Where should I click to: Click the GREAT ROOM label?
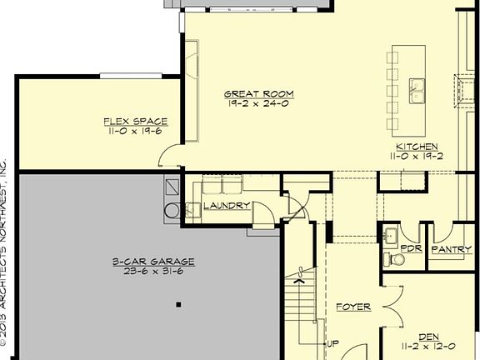pos(259,93)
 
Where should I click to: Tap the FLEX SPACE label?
pos(136,121)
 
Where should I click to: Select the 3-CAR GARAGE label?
pos(152,261)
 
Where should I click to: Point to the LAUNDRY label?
pos(227,205)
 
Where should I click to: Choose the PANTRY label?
pos(452,249)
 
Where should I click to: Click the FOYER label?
pos(353,307)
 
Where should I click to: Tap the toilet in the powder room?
pos(397,260)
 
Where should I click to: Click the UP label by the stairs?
pos(332,343)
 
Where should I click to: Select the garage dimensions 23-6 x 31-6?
pos(152,271)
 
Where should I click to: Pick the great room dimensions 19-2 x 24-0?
pos(259,103)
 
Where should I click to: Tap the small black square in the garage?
pos(178,305)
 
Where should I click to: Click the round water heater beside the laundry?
pos(172,209)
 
